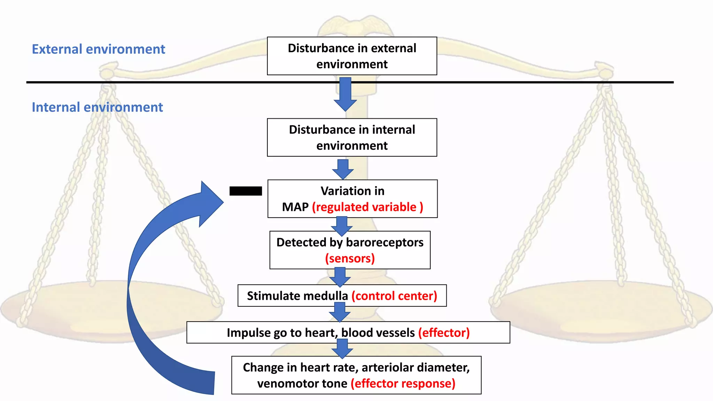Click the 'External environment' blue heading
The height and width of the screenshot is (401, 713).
(x=98, y=49)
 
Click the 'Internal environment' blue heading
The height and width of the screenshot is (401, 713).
(x=97, y=107)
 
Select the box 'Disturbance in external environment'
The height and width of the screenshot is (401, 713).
(x=352, y=56)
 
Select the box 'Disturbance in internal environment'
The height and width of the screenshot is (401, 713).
(x=352, y=137)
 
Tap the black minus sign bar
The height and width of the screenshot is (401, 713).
(x=245, y=191)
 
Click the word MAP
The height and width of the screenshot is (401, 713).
(x=295, y=207)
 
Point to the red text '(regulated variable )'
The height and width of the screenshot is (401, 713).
(x=367, y=207)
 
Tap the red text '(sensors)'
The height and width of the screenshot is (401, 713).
(x=350, y=258)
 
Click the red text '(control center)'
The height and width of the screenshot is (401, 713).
(x=394, y=296)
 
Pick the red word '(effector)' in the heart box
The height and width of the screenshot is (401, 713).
(x=444, y=333)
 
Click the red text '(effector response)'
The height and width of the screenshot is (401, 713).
(x=403, y=384)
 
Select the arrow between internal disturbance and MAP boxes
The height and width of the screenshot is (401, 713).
(x=343, y=169)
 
